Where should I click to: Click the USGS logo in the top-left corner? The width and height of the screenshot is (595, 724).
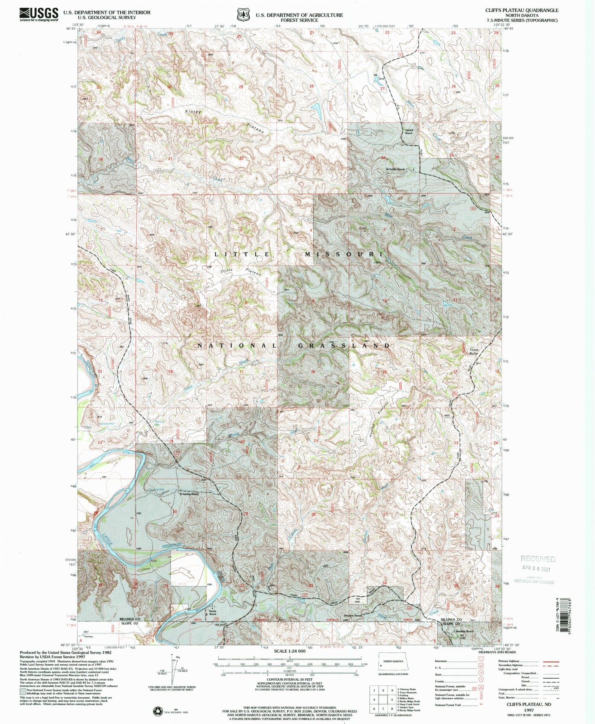[x=39, y=14]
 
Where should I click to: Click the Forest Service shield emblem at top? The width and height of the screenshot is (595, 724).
[x=243, y=14]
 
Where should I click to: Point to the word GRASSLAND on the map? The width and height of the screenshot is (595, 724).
[x=343, y=346]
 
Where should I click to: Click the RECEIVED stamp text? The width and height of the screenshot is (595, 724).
[x=538, y=559]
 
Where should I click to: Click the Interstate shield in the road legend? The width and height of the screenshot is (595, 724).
[x=481, y=659]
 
